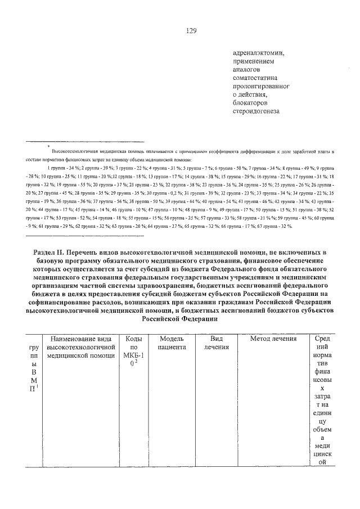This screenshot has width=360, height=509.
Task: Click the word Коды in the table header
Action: point(133,339)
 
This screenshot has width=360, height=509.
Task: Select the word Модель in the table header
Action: point(172,339)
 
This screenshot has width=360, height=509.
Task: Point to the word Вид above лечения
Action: point(217,339)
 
